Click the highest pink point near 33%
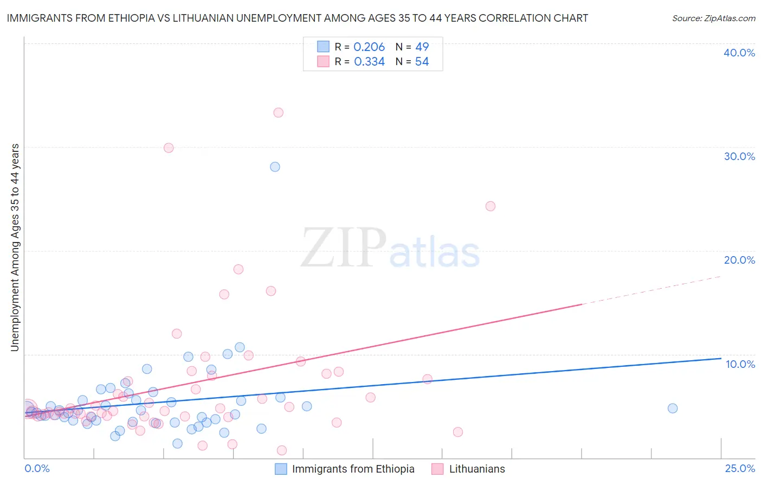coord(278,113)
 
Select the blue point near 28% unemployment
coord(275,167)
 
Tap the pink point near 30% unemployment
coord(169,148)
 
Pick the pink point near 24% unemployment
coord(490,206)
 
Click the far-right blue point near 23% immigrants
coord(673,409)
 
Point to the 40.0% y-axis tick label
coord(739,53)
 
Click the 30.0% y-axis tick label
coord(739,156)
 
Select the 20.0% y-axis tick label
coord(739,260)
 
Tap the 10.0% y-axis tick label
coord(740,364)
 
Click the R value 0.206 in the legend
coord(369,47)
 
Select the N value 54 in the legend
coord(422,62)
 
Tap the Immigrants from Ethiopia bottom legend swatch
coord(281,469)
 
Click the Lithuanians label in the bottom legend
coord(477,469)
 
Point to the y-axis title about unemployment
coord(15,247)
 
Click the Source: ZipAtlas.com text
coord(713,18)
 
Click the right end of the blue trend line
coord(721,358)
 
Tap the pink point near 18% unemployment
coord(238,270)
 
